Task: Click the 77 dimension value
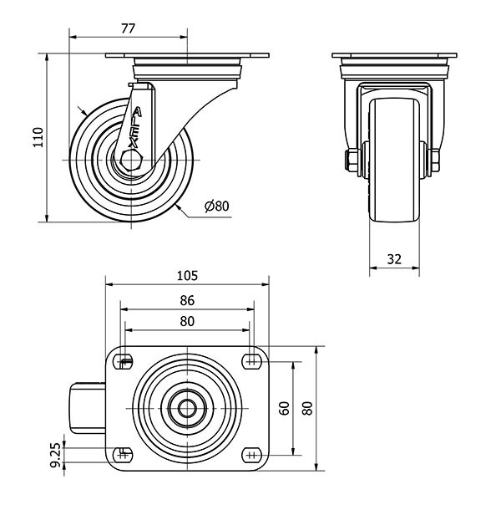129,28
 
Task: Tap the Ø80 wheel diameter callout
216,206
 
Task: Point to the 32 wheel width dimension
395,260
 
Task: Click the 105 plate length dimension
187,275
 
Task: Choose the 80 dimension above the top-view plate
187,320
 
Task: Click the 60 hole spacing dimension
285,409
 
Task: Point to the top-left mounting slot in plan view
124,362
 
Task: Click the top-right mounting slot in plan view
251,362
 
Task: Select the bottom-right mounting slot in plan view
251,455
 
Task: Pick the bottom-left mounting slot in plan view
124,455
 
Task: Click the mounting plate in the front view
394,57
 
